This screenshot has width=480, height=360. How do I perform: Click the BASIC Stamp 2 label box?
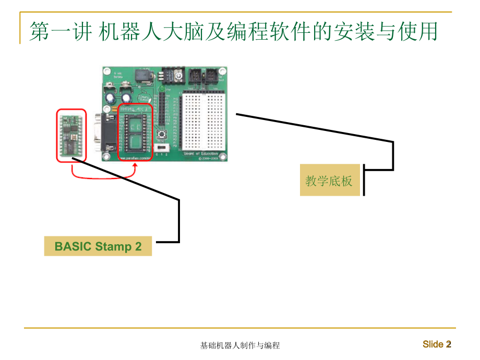point(98,246)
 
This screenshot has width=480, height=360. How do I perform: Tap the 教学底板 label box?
point(330,181)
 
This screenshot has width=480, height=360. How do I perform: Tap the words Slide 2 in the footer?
point(437,344)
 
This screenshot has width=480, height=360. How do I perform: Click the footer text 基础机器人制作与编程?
point(240,345)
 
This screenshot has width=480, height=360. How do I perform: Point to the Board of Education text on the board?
point(201,153)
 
